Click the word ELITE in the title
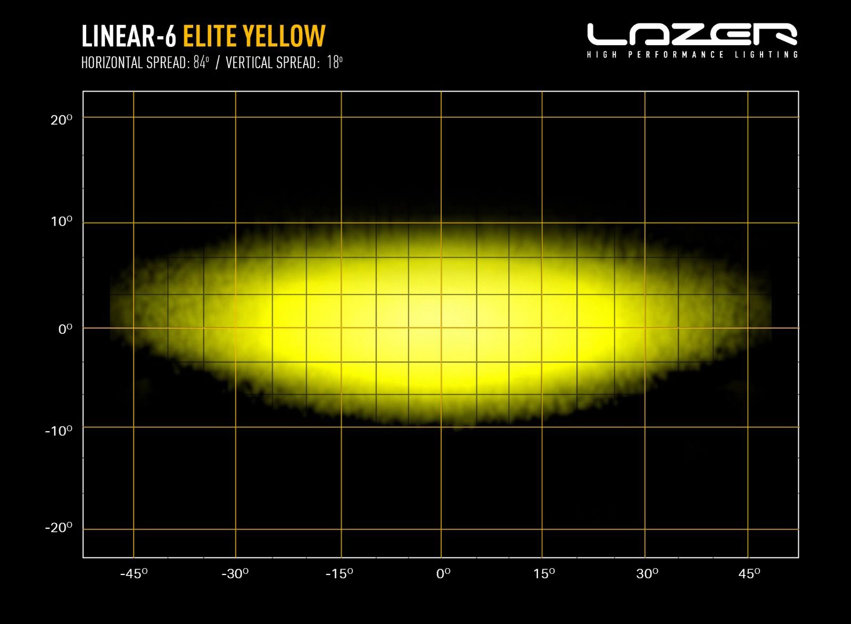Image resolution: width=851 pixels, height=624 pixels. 209,36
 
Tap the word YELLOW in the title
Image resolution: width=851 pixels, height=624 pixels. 284,36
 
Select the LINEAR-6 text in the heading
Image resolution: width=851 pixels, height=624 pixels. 129,36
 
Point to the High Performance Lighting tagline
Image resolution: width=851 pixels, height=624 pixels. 692,54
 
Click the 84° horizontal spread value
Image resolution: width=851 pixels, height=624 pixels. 201,63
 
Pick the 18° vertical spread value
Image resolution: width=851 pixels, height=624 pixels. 335,63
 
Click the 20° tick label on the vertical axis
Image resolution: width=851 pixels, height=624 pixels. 61,120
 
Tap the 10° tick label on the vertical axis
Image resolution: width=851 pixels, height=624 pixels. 61,221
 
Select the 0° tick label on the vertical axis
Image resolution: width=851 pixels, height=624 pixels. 65,329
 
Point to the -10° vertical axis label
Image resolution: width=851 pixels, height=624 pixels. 59,430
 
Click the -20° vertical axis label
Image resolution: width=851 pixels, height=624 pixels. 59,528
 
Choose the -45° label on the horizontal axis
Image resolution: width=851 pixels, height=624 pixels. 134,573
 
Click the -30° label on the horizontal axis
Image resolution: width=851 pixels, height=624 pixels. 235,573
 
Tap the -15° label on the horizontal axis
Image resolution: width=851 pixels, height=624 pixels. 339,573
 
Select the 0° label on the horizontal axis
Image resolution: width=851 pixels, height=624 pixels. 443,573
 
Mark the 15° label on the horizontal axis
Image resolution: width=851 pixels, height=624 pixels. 544,573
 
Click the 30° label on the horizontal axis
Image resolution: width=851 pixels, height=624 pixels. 647,573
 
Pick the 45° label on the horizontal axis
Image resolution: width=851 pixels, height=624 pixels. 749,573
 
